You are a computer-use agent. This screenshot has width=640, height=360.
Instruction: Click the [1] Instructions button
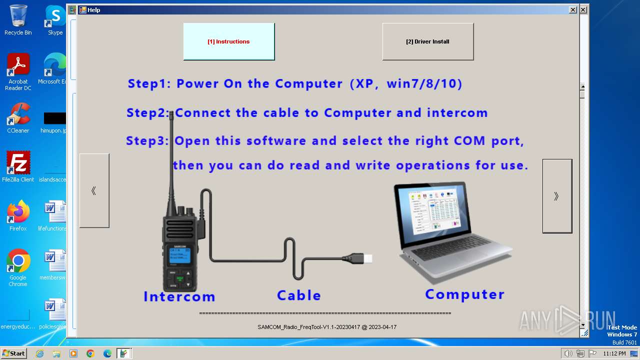[x=228, y=41]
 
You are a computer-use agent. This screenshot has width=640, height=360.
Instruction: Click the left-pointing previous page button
[x=94, y=190]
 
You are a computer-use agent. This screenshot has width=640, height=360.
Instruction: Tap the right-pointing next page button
[x=557, y=196]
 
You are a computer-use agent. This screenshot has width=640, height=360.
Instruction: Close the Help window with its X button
[x=572, y=10]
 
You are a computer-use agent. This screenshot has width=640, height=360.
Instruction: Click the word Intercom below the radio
[x=179, y=296]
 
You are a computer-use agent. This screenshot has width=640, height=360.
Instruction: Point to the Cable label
[x=299, y=295]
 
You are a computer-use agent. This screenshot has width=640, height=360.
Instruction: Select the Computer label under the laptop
[x=464, y=294]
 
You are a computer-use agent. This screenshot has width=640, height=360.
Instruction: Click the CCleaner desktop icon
[x=18, y=118]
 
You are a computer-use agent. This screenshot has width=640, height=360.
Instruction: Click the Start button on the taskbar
[x=13, y=353]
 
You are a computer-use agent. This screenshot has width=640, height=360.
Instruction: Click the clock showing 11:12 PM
[x=614, y=353]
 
